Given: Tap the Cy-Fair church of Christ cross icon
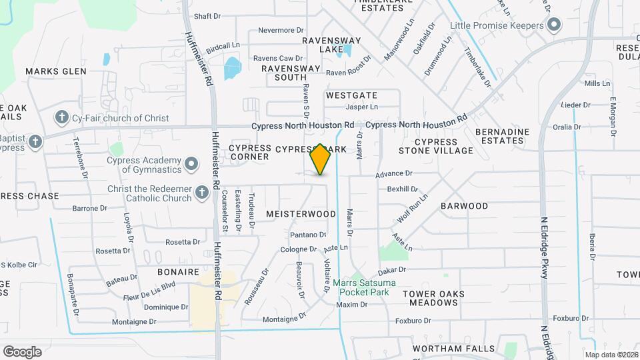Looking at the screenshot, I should (62, 118).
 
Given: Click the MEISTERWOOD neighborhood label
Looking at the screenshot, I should (301, 214).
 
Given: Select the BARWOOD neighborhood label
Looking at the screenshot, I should (464, 206).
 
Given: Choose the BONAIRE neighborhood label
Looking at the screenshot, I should (178, 272).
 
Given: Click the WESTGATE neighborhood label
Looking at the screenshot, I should (351, 95).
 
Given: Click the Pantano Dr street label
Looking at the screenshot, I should (308, 235).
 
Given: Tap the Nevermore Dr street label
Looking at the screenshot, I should (281, 30).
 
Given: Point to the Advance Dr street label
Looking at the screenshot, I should (393, 173).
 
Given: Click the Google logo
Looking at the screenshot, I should (22, 352).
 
